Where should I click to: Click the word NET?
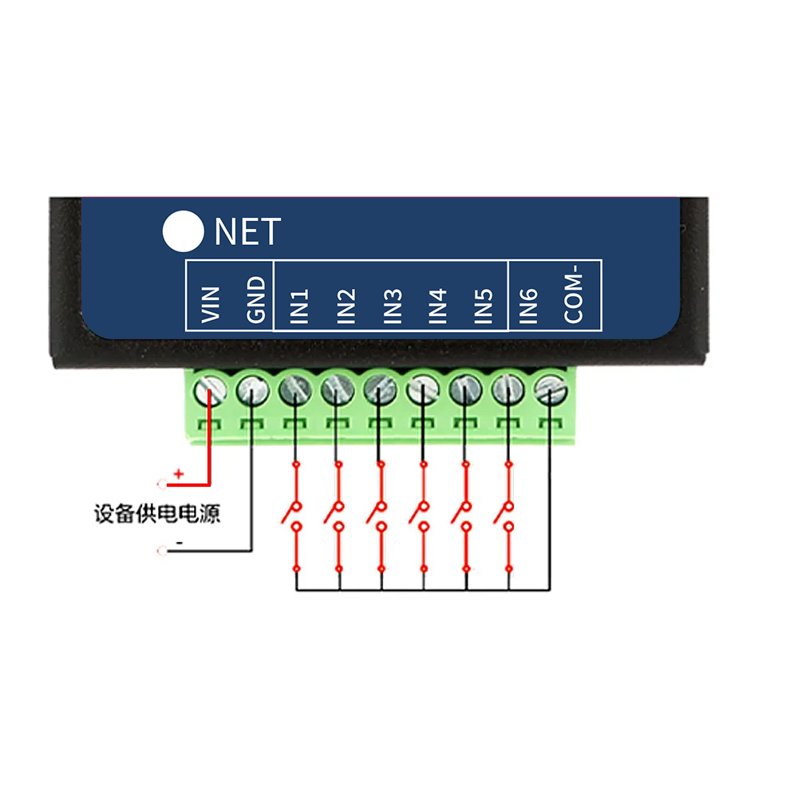247,231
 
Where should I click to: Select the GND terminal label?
255,300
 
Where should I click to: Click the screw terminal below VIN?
208,390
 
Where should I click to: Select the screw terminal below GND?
251,390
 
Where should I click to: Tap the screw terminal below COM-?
549,390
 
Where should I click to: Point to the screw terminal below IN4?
422,390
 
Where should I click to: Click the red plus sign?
179,474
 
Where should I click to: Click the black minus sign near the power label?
180,543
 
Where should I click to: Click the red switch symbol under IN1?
295,515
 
